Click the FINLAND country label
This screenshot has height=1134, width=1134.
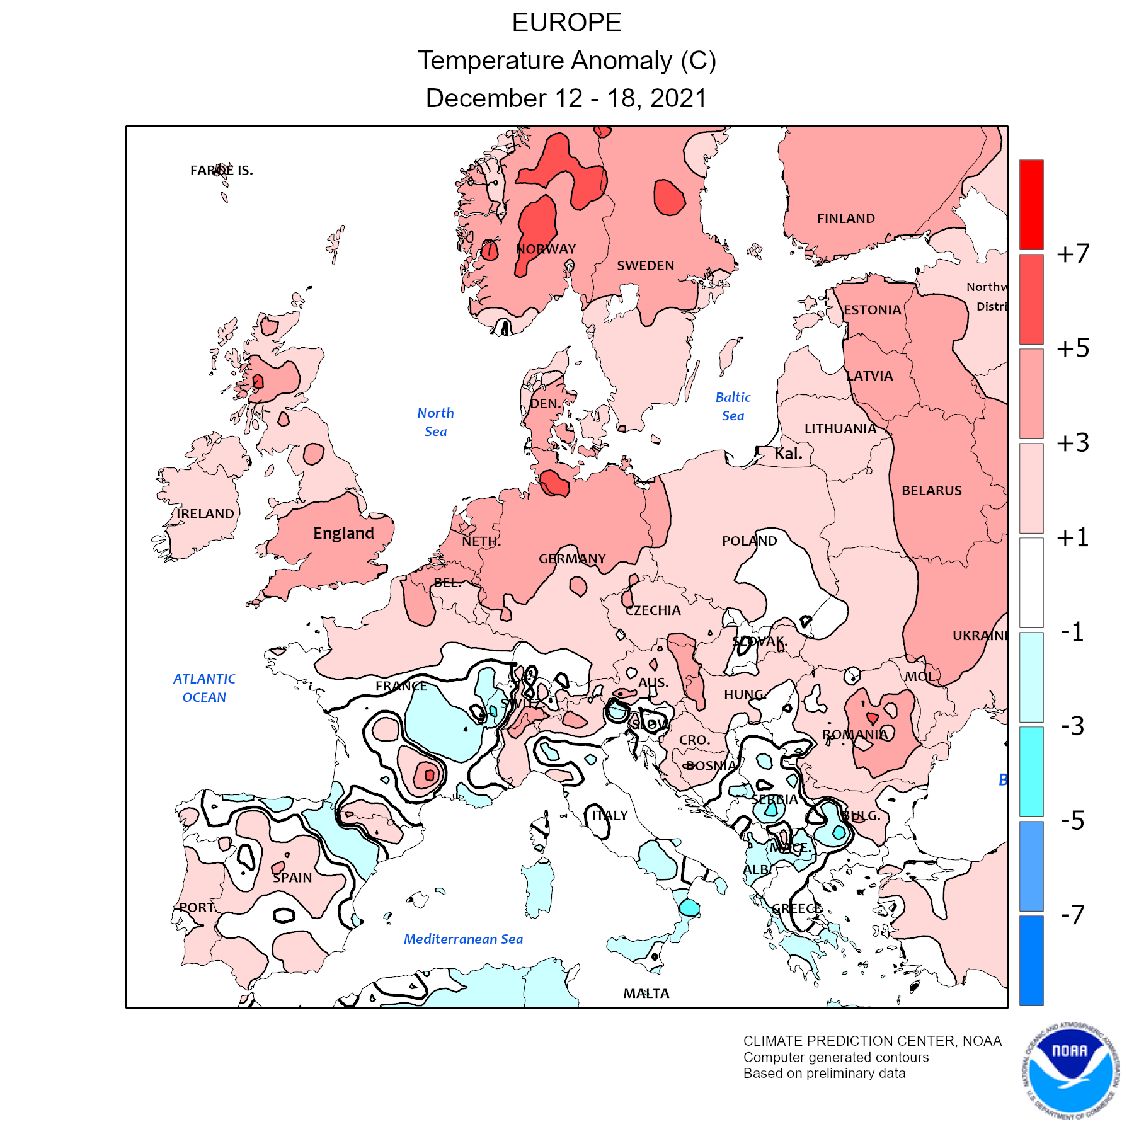point(845,219)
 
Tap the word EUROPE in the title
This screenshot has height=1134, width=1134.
point(566,23)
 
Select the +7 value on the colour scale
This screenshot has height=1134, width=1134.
point(1073,253)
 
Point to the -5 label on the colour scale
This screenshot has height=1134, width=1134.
point(1073,820)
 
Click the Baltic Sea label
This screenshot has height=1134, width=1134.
point(733,406)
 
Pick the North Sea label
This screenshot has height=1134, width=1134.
point(435,422)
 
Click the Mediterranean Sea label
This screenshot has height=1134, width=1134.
point(463,939)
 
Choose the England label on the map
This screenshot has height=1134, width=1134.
point(343,534)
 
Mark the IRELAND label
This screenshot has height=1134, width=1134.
point(205,514)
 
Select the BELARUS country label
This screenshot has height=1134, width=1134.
point(931,491)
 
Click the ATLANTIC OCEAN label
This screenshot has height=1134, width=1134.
point(204,688)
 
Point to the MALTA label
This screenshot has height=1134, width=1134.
point(646,994)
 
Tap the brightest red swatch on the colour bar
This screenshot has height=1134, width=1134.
point(1031,204)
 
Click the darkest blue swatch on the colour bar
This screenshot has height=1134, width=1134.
point(1031,960)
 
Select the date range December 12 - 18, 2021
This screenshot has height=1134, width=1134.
point(566,98)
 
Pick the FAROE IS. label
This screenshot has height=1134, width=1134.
point(222,171)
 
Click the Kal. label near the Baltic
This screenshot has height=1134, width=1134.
point(788,454)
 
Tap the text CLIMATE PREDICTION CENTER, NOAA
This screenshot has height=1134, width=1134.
point(872,1041)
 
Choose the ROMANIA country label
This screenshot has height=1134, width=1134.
point(855,735)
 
